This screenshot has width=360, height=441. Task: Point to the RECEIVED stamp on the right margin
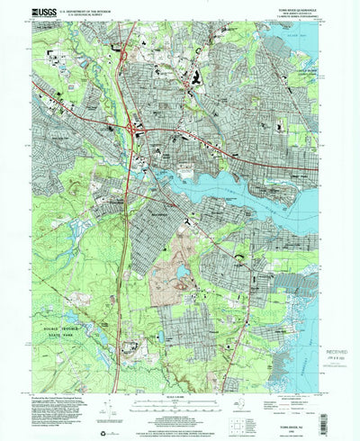coord(332,337)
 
